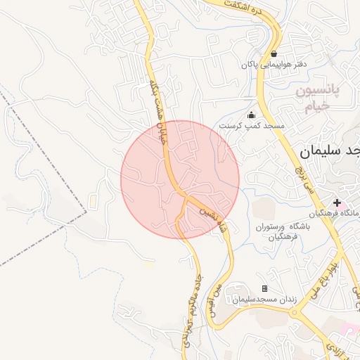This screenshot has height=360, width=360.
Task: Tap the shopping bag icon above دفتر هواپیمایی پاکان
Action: click(274, 53)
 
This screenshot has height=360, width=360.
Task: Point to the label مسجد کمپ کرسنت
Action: click(252, 125)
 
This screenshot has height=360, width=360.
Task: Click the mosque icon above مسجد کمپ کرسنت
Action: click(252, 115)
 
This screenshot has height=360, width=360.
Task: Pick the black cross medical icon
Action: click(337, 202)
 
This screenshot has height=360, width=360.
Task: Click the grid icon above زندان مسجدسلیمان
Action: click(264, 288)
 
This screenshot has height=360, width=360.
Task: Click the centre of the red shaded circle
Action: click(180, 179)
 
